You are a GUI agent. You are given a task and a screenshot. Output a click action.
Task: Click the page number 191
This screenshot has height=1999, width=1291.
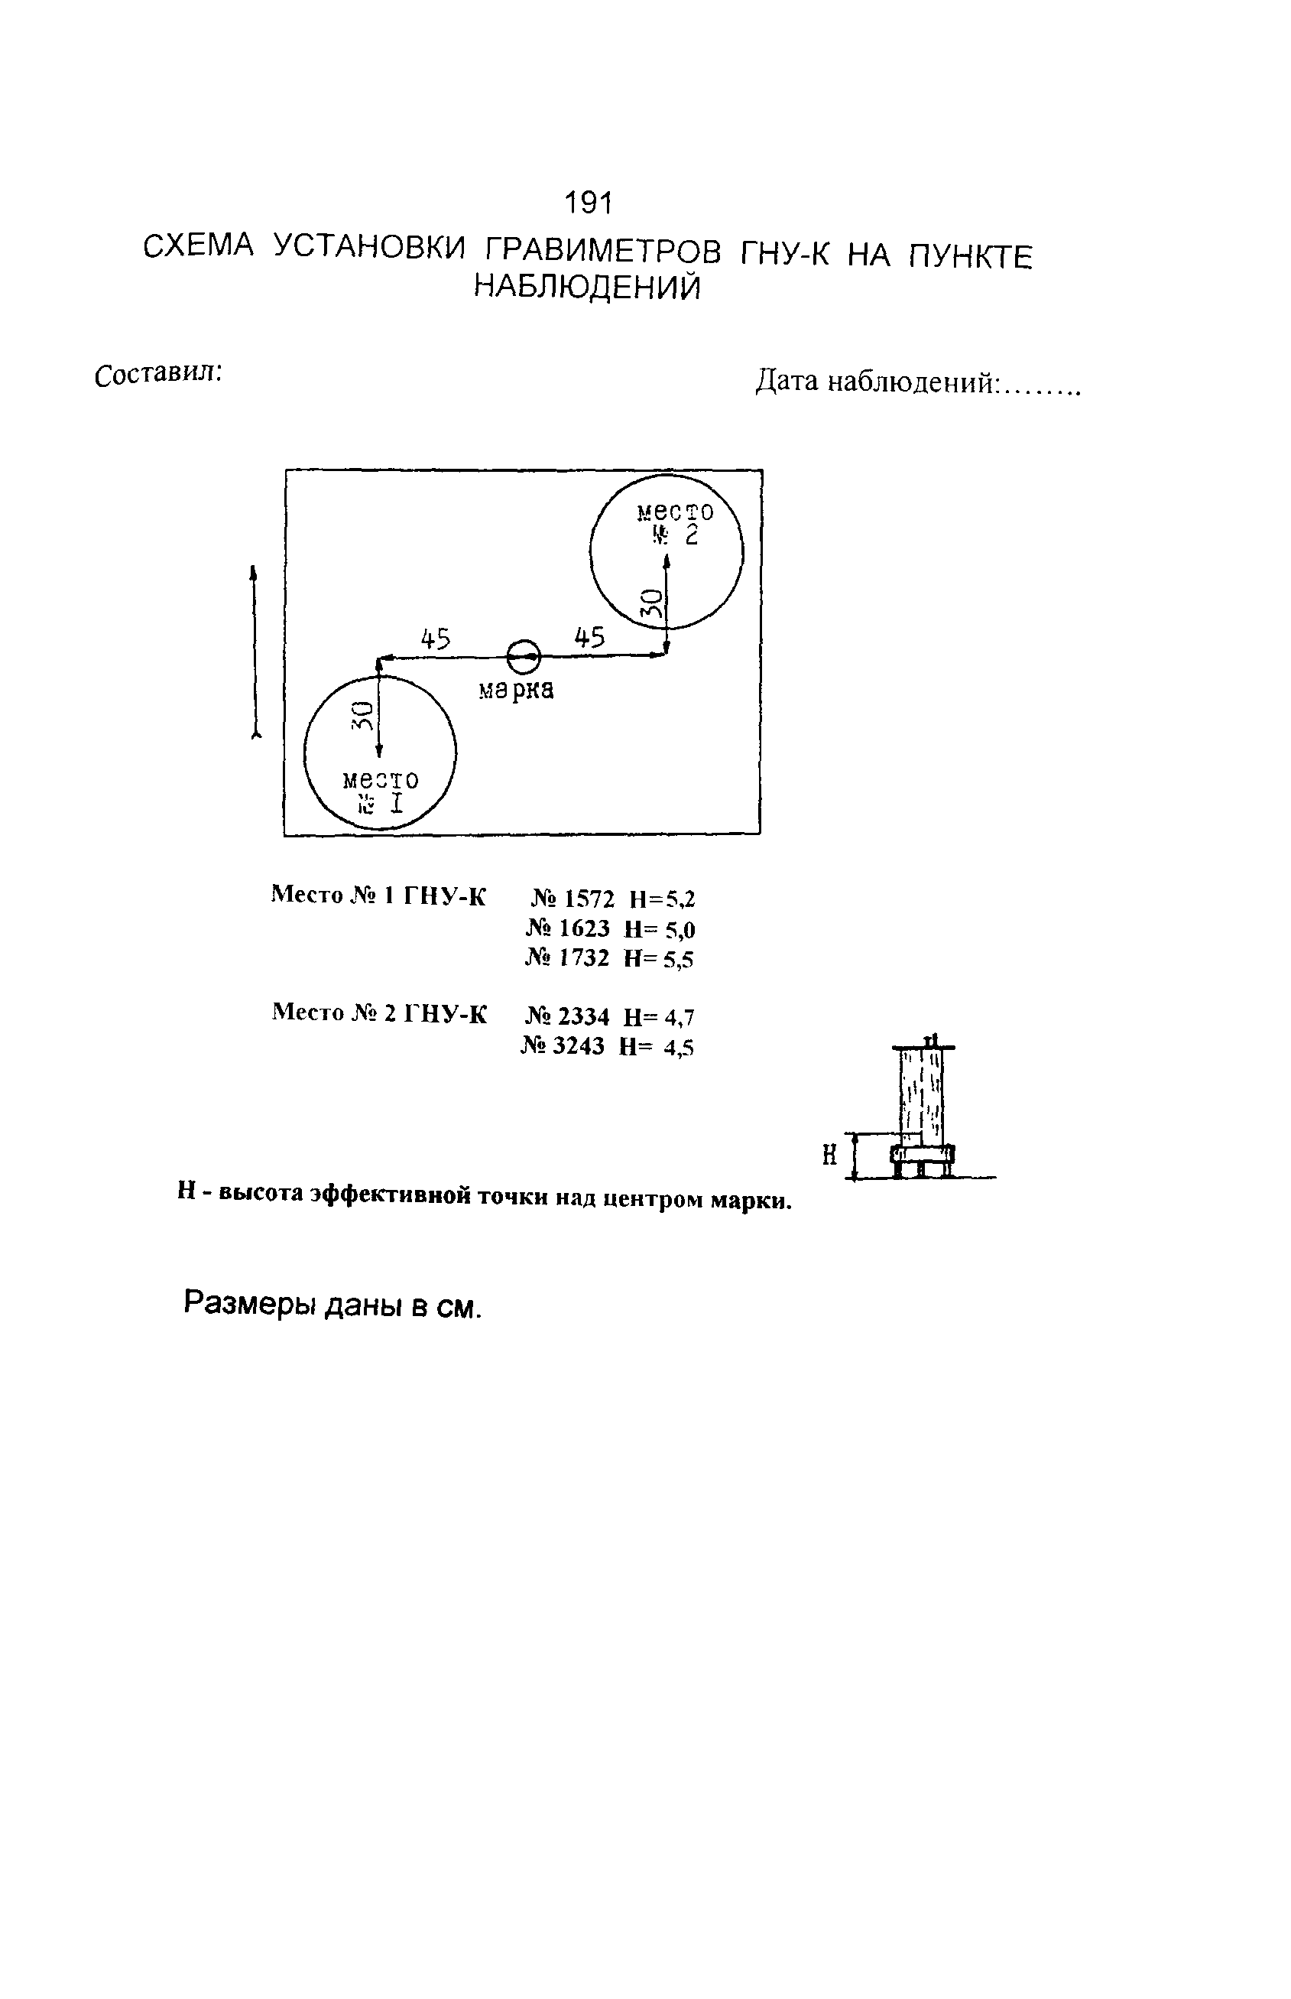(589, 202)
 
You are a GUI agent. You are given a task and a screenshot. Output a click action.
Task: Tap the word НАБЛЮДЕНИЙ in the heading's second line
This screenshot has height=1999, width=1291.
(587, 288)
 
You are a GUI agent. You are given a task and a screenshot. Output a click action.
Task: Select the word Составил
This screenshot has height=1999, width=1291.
(158, 374)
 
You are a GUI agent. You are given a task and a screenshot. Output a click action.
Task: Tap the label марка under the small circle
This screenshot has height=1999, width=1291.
(516, 690)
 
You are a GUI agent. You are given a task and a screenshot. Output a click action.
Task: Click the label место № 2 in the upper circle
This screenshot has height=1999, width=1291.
(674, 523)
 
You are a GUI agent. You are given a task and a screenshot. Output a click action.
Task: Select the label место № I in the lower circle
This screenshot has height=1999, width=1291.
(380, 791)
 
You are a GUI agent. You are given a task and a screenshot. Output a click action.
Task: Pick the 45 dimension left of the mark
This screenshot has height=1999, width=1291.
(435, 640)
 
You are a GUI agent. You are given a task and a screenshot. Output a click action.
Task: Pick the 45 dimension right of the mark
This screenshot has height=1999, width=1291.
(589, 638)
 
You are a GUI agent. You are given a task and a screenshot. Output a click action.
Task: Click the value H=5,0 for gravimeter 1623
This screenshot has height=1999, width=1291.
(659, 929)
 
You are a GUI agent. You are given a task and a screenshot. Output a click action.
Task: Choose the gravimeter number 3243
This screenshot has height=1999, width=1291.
(578, 1046)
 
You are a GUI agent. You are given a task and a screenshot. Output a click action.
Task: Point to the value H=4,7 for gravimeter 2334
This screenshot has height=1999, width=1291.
(659, 1017)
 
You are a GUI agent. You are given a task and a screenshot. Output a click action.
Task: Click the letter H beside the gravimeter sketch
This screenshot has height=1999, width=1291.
(830, 1156)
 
